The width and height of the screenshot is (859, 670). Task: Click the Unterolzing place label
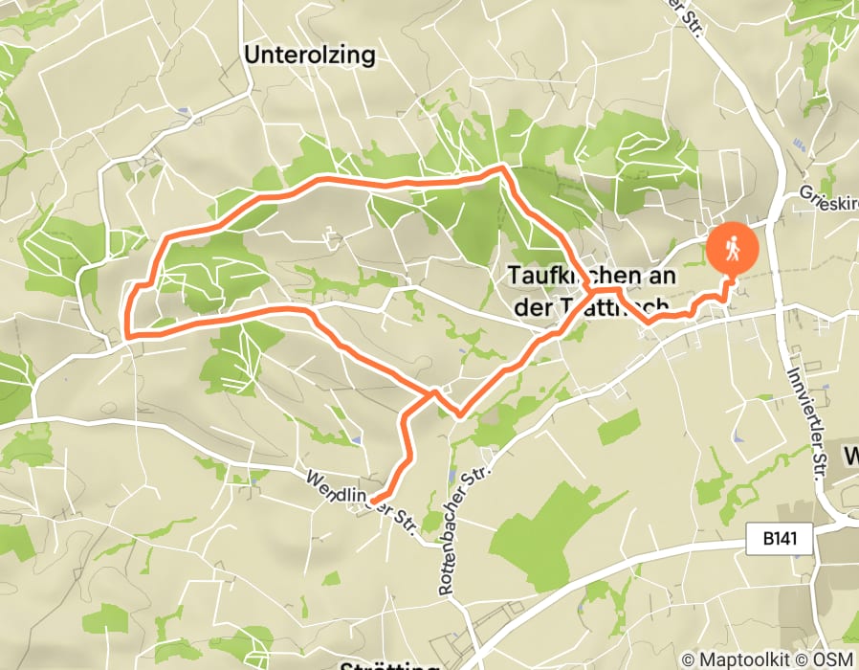[310, 55]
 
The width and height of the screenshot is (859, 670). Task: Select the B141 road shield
[780, 541]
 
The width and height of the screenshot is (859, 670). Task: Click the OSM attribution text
[835, 659]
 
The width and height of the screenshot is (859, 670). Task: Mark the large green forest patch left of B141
[536, 522]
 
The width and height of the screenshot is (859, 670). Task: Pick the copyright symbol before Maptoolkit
[689, 659]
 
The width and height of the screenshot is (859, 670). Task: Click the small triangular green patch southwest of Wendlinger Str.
[331, 578]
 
